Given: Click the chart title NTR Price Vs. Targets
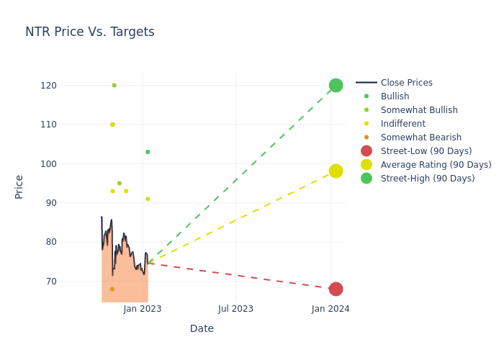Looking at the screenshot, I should coord(90,32).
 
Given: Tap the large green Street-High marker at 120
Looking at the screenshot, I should coord(336,86).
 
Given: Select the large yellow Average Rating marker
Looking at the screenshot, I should coord(336,171).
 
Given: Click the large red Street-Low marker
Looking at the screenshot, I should coord(336,289).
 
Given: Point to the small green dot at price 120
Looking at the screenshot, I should coord(114,86).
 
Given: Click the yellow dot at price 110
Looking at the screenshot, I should coord(112,125).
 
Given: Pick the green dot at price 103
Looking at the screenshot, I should coord(148,152).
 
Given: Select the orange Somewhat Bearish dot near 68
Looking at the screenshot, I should coord(112,289).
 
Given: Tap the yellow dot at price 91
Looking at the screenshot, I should coord(148,199).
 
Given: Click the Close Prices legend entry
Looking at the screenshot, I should coord(406,83).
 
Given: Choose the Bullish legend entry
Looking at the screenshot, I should coord(395,96).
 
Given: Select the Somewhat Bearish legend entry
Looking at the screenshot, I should coord(420,138).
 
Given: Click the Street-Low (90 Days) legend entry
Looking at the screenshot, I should coord(426,151).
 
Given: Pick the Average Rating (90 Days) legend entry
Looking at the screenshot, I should coord(436,165).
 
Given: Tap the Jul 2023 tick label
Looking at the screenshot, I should coord(236,309).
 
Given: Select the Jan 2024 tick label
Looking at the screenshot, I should coord(330,309).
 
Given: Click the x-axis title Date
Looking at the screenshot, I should coord(202,328).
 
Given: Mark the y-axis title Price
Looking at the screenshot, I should coord(19,186).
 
